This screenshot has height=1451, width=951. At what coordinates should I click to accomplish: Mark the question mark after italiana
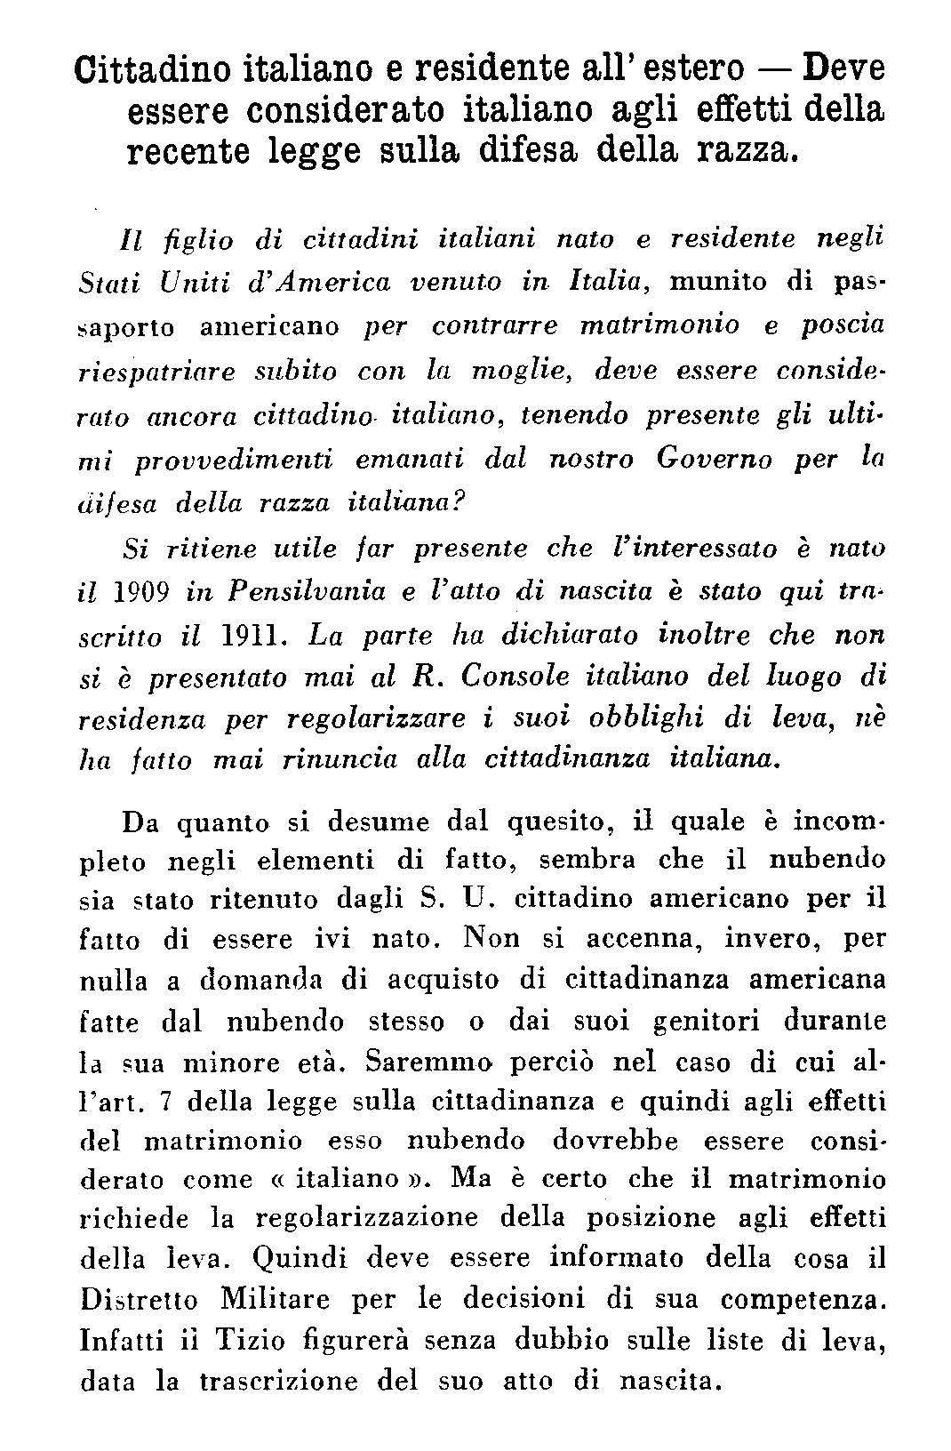click(x=460, y=502)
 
